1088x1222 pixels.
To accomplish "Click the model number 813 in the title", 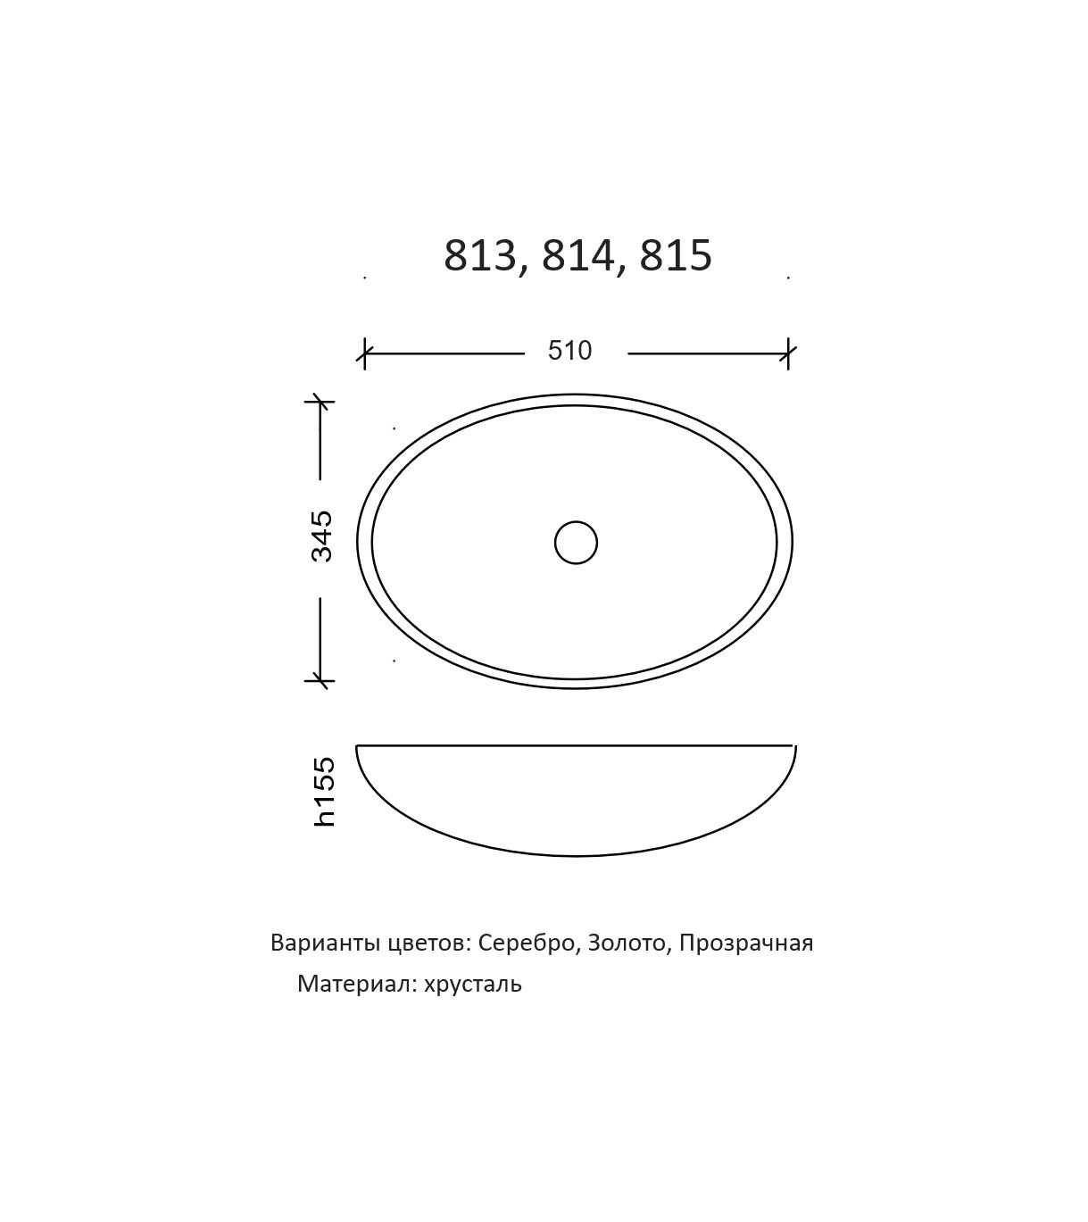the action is coord(480,255).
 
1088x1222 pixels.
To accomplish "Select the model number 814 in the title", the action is coord(578,255).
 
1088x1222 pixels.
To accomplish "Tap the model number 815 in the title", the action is coord(676,255).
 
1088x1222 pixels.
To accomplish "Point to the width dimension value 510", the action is coord(570,351).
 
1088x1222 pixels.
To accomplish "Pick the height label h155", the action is coord(324,792).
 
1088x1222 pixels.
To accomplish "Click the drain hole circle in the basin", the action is coord(576,543).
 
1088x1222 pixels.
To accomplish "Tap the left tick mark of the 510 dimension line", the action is coord(364,353).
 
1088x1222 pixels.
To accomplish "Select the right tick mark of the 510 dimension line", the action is coord(787,353).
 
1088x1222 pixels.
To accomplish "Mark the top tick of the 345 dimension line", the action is coord(320,401).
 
